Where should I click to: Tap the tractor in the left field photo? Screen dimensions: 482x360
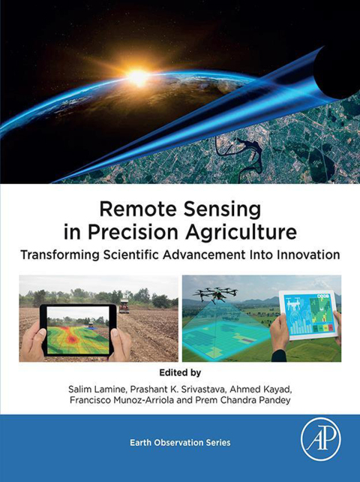pos(124,306)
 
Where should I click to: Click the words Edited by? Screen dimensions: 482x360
pos(179,371)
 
